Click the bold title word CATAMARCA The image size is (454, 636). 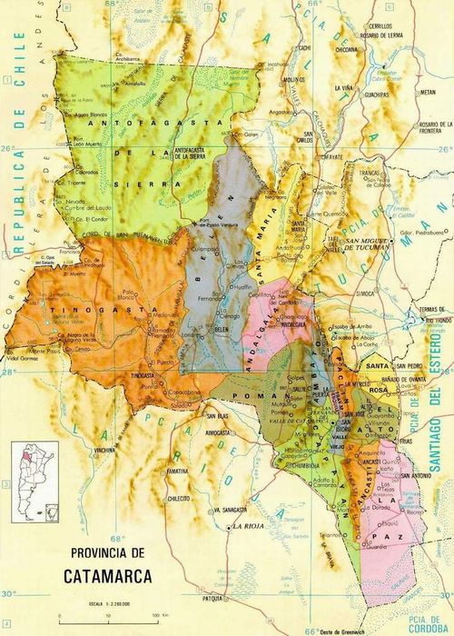pyautogui.click(x=113, y=574)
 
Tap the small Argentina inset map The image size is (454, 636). pyautogui.click(x=34, y=482)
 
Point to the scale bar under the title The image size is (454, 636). pyautogui.click(x=104, y=617)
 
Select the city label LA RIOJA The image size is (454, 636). pyautogui.click(x=249, y=526)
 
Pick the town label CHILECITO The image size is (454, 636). pyautogui.click(x=176, y=499)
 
